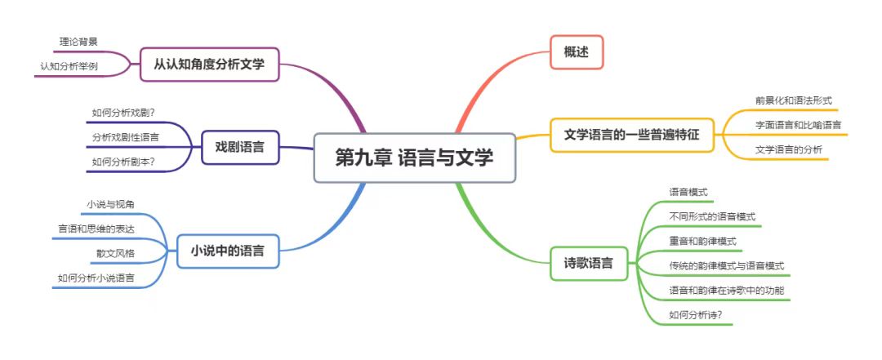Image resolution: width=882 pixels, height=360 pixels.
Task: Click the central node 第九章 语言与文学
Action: click(x=414, y=158)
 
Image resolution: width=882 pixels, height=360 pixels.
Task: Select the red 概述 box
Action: click(x=577, y=52)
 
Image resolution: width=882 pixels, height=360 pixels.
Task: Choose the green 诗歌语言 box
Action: click(x=589, y=264)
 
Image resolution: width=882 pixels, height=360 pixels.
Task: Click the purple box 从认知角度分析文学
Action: click(x=209, y=64)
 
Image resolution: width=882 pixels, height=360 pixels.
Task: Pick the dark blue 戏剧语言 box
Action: click(x=240, y=148)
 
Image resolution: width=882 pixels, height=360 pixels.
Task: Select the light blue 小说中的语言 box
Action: click(x=227, y=251)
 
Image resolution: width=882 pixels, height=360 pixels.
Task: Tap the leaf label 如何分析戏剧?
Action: click(x=124, y=112)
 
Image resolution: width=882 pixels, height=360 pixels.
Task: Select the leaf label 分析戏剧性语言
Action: click(x=126, y=136)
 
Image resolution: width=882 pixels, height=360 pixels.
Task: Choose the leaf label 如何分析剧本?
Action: click(x=124, y=161)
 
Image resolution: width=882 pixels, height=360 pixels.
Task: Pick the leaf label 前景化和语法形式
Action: click(x=793, y=100)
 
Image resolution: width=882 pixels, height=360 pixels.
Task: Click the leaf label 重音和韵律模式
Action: click(x=702, y=242)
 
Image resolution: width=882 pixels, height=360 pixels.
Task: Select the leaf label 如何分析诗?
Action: click(x=696, y=315)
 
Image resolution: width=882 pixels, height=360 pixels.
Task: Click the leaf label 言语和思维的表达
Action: click(x=96, y=228)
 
